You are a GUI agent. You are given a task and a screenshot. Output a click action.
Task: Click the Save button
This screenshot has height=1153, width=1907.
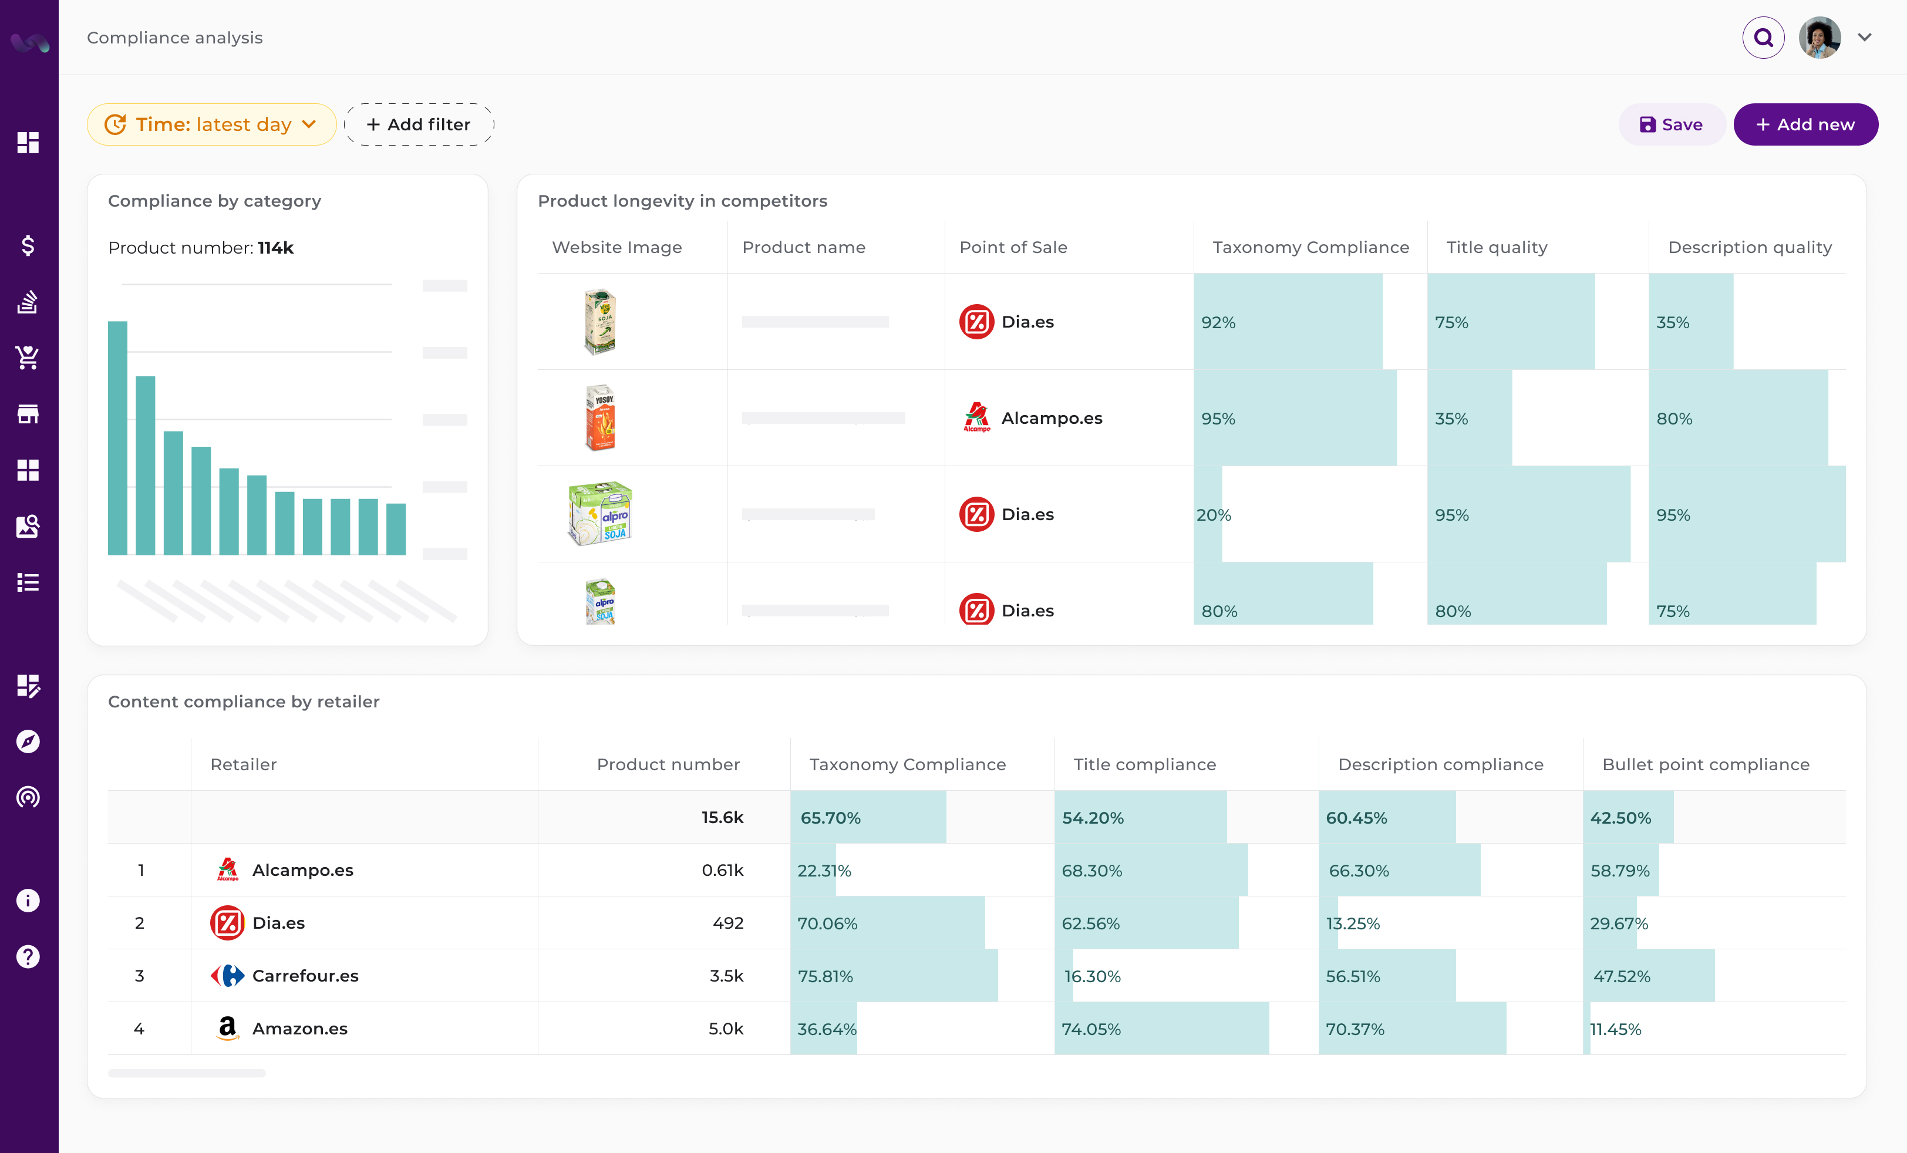click(1671, 124)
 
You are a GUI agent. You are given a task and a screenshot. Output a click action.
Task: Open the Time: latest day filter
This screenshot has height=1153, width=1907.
click(211, 124)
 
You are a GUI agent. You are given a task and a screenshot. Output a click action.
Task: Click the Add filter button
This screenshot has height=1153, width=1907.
click(418, 124)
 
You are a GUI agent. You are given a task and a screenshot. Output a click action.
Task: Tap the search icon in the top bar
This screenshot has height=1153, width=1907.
click(1763, 37)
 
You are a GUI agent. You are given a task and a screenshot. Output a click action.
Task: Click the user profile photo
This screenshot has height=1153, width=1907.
click(1819, 37)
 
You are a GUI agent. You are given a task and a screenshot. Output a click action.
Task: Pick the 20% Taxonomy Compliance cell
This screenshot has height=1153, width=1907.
click(1214, 515)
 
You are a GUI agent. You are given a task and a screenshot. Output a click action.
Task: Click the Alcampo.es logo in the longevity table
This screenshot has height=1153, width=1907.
click(977, 418)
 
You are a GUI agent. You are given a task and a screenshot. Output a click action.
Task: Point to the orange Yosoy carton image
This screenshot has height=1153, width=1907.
click(600, 418)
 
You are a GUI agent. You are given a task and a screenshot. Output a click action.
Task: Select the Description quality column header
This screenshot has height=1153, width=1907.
click(1749, 248)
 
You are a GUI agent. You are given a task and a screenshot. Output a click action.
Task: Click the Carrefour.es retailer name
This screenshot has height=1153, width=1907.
click(305, 976)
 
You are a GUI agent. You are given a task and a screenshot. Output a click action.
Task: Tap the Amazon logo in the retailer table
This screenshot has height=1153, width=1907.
click(227, 1029)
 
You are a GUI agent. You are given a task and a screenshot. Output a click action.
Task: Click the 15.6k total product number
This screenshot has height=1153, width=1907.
click(722, 818)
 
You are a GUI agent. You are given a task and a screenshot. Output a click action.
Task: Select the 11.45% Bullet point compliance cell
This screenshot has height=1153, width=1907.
click(1615, 1029)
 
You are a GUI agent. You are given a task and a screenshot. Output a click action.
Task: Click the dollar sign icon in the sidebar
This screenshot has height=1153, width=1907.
click(28, 245)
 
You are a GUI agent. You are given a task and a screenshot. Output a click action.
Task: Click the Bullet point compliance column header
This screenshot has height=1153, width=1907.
click(1705, 764)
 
